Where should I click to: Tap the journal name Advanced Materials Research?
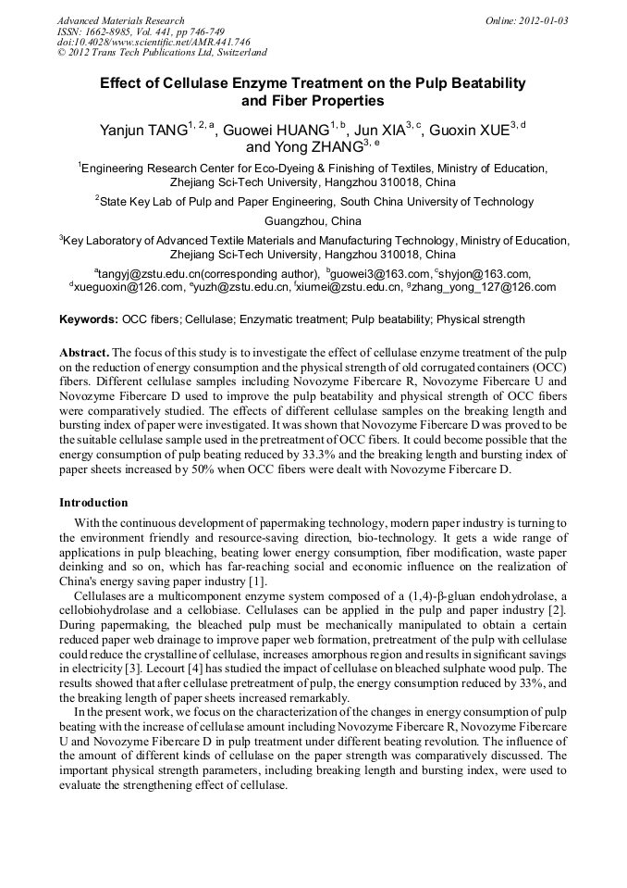[120, 20]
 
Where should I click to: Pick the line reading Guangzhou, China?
[313, 221]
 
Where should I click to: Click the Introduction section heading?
[93, 503]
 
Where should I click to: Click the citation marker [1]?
[256, 582]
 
